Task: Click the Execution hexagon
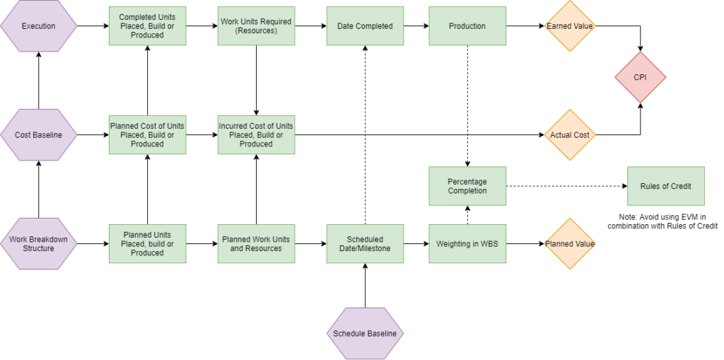(38, 26)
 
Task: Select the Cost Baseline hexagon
(38, 134)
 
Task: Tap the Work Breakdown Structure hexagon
(38, 243)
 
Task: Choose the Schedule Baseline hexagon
(365, 333)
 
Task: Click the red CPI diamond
(641, 78)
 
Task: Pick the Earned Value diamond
(570, 26)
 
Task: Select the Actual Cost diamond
(570, 134)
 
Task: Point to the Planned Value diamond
(570, 243)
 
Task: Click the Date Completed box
(365, 26)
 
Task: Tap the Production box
(467, 26)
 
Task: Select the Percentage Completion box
(467, 186)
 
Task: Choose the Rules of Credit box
(665, 186)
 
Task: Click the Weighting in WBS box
(467, 243)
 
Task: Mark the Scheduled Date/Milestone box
(365, 243)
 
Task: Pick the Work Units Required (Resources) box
(256, 26)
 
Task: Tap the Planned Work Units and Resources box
(256, 243)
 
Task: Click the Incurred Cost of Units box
(256, 134)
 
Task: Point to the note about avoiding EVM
(662, 220)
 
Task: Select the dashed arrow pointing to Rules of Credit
(566, 186)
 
